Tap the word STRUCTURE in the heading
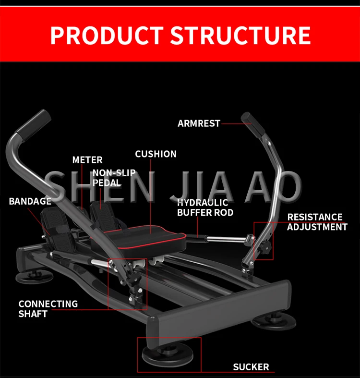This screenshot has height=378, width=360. (x=240, y=36)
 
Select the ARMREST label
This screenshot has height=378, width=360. (x=199, y=123)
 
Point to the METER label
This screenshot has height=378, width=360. (x=87, y=160)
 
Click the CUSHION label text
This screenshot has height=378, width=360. (x=156, y=154)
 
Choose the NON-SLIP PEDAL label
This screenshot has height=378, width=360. (x=114, y=178)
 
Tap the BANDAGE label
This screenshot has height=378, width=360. (x=30, y=201)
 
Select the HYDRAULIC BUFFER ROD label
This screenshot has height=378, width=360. (x=205, y=207)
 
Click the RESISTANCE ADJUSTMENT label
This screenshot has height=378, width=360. (x=317, y=222)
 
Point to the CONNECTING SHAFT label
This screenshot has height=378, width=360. (x=48, y=309)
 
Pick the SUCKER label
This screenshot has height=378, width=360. (x=251, y=367)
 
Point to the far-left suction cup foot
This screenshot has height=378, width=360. (x=31, y=276)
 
